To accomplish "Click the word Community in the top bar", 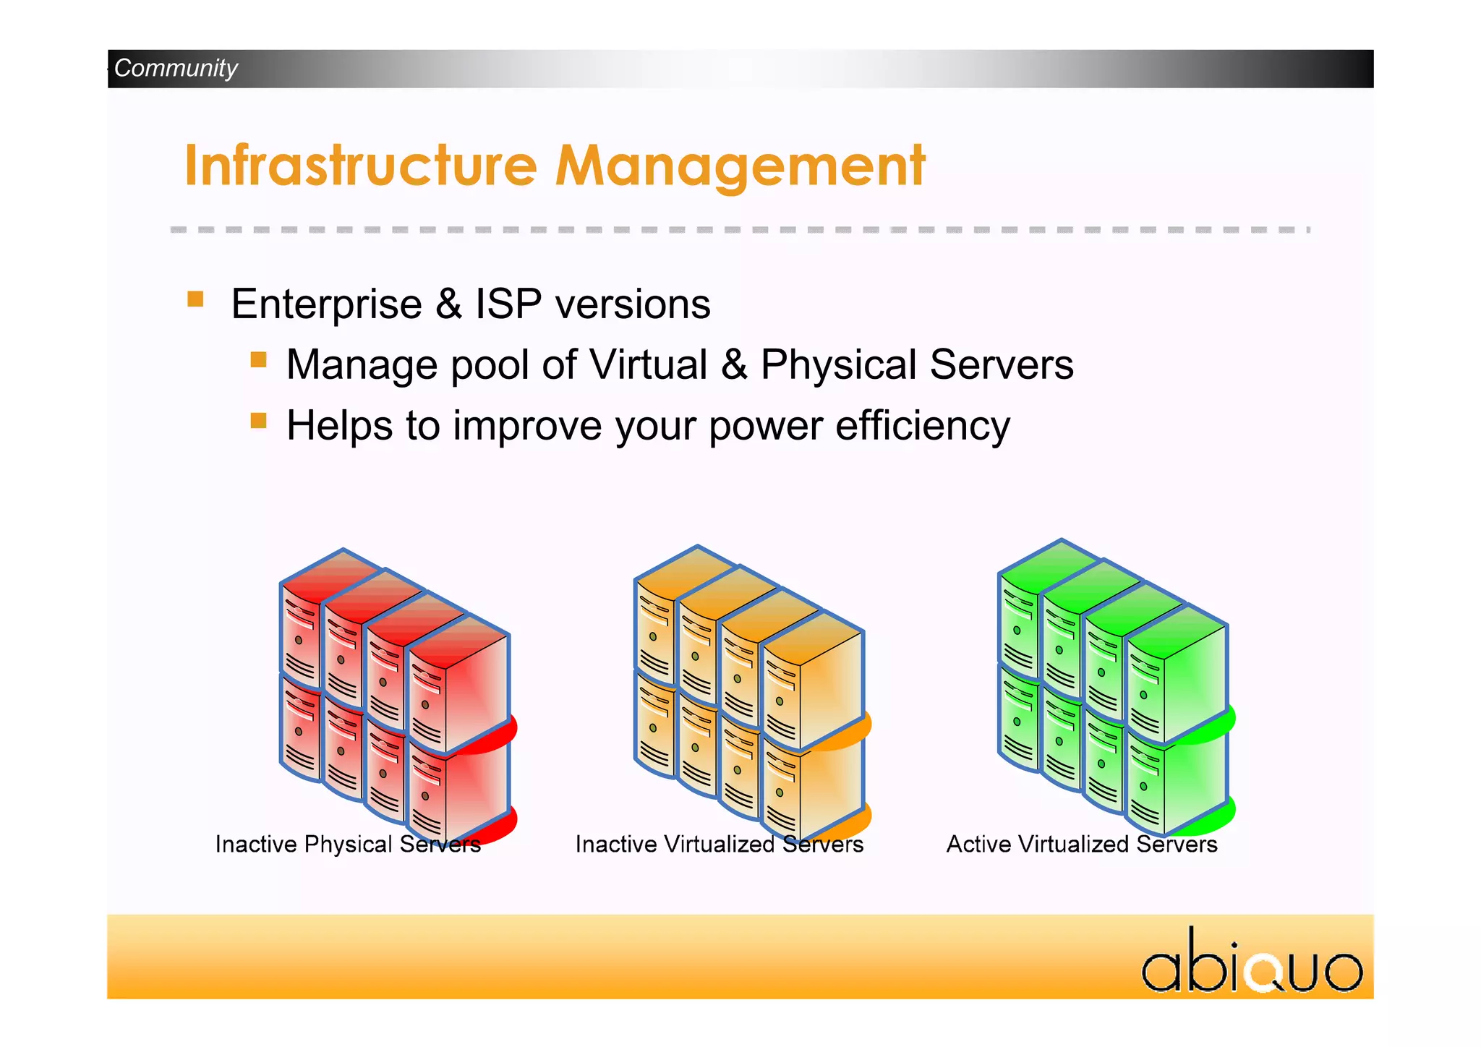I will pos(176,68).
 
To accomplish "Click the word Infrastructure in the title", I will pos(360,166).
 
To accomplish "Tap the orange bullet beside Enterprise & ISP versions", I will pos(195,299).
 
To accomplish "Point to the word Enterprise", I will pos(326,304).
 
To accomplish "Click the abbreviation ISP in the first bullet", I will pos(508,304).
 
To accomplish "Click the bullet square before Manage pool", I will pos(258,360).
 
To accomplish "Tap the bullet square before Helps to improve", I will pos(258,421).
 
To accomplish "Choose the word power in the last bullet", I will pos(766,427).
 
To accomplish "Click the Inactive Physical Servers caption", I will pos(348,844).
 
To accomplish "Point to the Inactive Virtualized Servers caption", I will pos(719,844).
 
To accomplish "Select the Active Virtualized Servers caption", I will pos(1082,844).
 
